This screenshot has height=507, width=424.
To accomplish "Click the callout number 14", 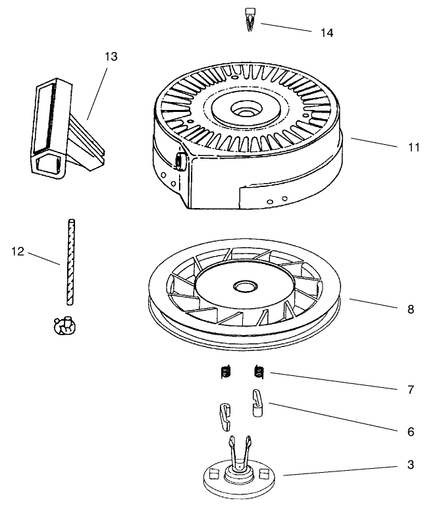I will [x=327, y=32].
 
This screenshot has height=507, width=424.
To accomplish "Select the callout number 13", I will [x=111, y=57].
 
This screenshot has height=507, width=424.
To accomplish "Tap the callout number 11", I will [x=413, y=147].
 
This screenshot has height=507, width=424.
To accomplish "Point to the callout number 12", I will [x=18, y=250].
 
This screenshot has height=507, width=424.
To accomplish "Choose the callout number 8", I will [x=411, y=308].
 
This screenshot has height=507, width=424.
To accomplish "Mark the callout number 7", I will [x=411, y=390].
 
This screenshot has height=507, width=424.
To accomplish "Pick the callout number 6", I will [x=411, y=432].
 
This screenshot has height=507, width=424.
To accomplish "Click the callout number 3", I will [x=411, y=466].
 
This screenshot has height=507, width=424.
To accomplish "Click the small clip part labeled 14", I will [x=250, y=18].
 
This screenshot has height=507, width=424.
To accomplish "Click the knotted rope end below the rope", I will [x=64, y=325].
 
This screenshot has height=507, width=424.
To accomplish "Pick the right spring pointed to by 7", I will [x=259, y=373].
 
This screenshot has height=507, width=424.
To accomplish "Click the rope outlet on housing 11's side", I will [x=178, y=161].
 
